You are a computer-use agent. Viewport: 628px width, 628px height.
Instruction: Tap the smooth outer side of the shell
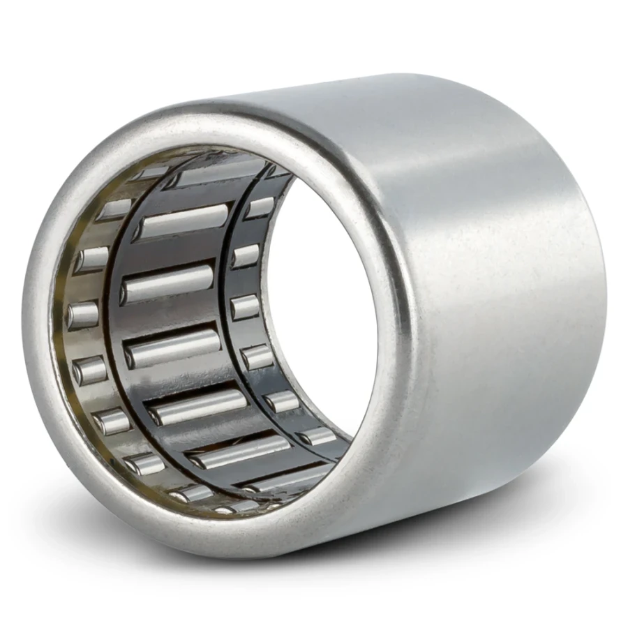point(488,279)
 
